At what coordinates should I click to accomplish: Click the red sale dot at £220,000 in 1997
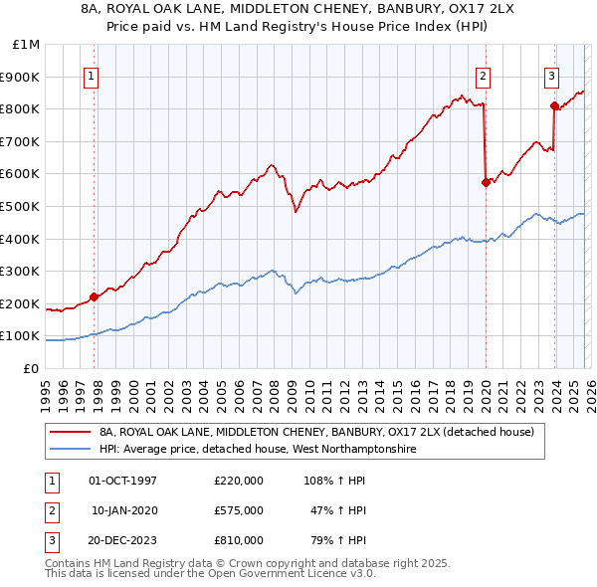pos(94,296)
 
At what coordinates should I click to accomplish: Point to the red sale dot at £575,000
pos(486,182)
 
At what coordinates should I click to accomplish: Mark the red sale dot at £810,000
pos(554,105)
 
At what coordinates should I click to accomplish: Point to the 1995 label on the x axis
pos(46,388)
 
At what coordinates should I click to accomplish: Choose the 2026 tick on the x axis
pos(589,388)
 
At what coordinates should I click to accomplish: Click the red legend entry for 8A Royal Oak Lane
pos(316,432)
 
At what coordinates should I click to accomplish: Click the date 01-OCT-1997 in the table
pos(123,481)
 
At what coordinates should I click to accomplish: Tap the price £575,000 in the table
pos(239,510)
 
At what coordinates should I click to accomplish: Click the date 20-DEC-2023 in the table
pos(123,540)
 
